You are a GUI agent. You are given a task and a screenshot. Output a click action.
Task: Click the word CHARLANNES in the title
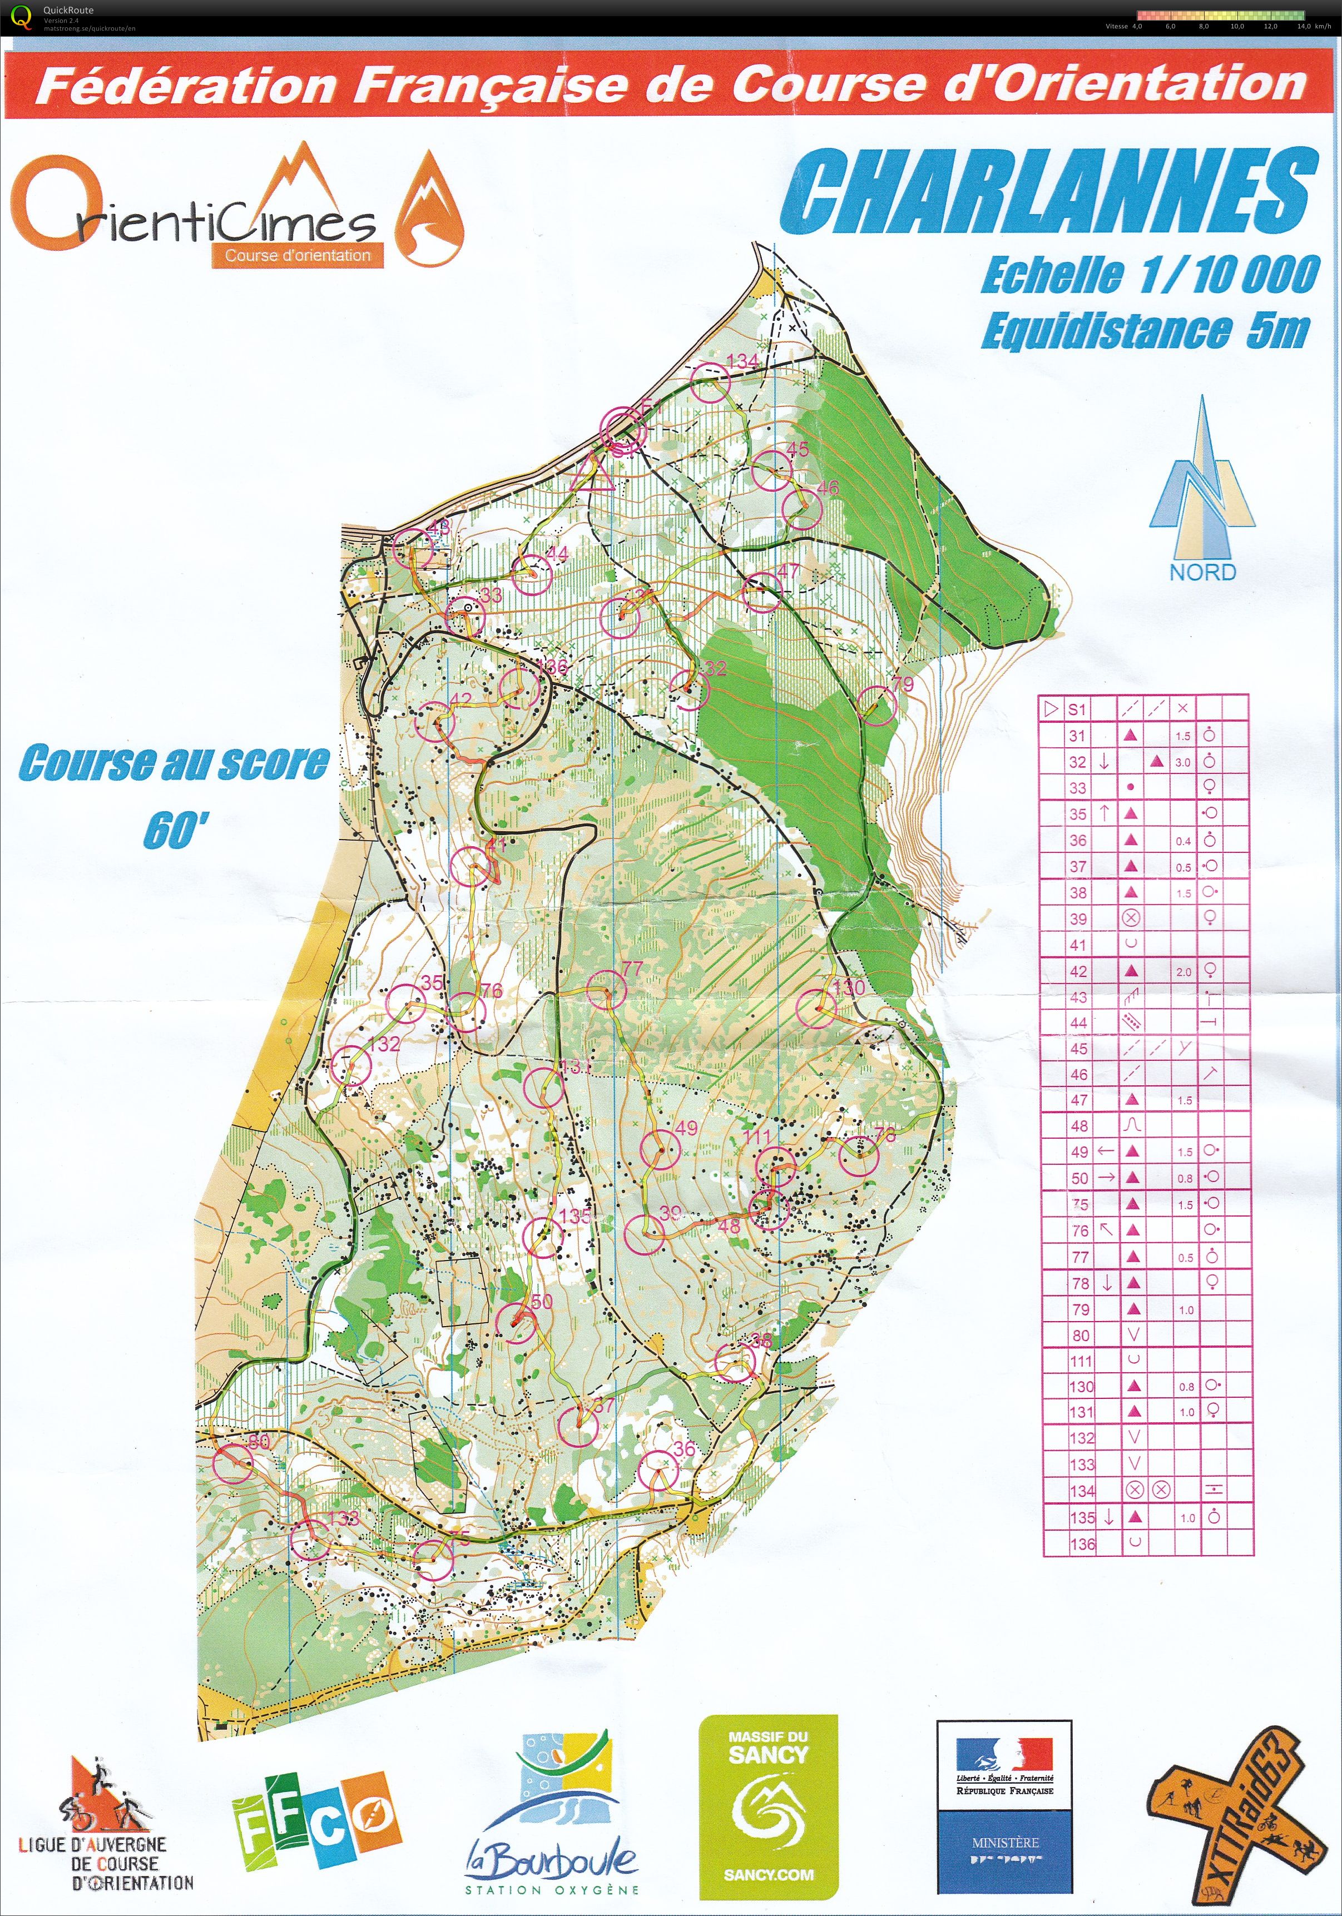(1049, 192)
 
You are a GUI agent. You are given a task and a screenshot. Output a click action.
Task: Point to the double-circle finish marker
(624, 430)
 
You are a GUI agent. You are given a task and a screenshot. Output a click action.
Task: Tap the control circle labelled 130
(815, 1009)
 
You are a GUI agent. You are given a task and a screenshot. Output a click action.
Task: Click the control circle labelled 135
(542, 1238)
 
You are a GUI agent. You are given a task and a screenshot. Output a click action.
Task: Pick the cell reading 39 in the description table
(1078, 919)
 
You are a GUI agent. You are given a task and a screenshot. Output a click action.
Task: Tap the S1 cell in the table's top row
(1077, 709)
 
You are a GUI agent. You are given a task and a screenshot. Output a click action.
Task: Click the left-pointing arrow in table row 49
(1105, 1151)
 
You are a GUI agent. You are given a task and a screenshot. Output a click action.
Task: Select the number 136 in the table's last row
(1082, 1544)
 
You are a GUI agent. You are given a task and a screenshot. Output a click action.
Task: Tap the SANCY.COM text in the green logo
(768, 1874)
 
